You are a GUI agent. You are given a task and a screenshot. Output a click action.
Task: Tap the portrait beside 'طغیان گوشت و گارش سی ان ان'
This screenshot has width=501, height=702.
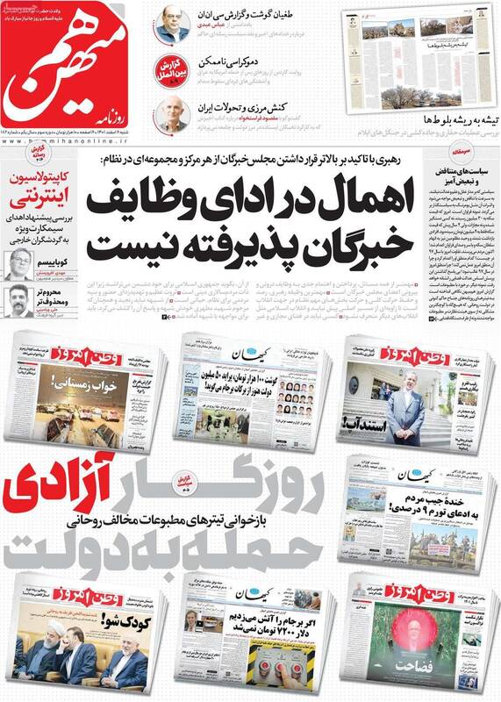[x=173, y=25]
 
